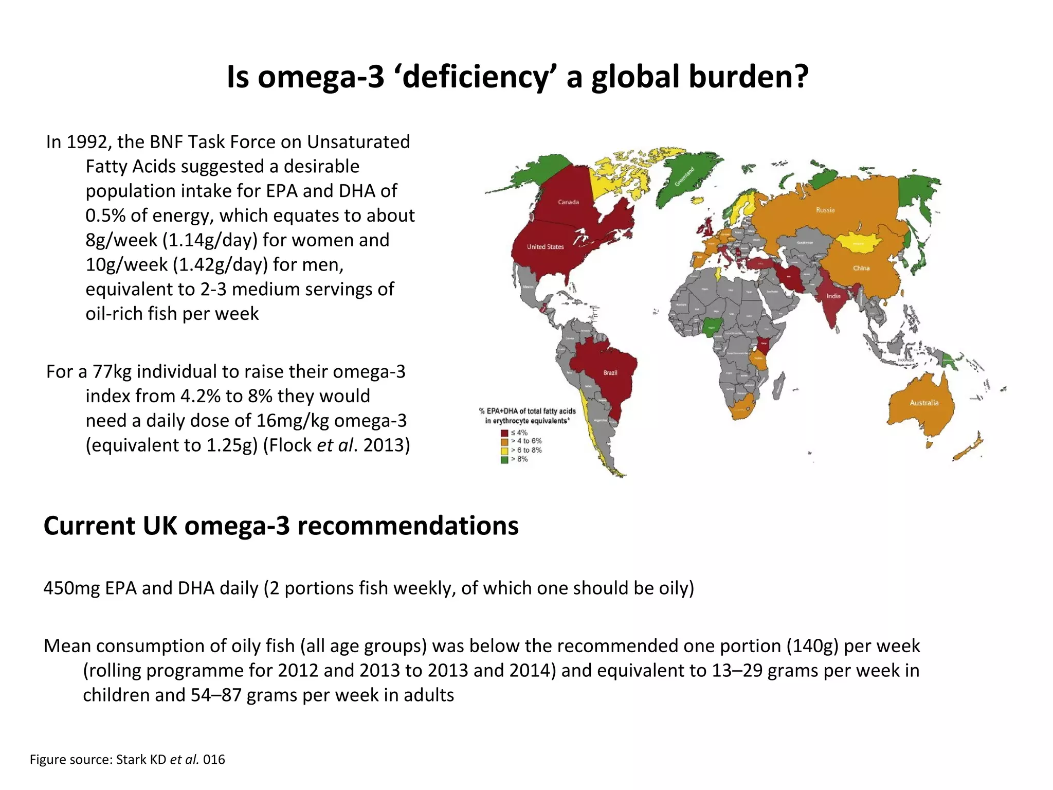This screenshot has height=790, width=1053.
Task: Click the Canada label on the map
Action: (x=568, y=202)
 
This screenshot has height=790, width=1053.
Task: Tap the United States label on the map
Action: (x=545, y=247)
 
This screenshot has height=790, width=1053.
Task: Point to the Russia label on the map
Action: (x=825, y=210)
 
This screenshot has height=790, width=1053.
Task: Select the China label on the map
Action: (x=861, y=268)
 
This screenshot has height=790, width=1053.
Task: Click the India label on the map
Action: (x=833, y=296)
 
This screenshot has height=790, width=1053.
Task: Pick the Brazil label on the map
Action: (x=610, y=372)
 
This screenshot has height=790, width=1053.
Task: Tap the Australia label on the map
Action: (x=924, y=403)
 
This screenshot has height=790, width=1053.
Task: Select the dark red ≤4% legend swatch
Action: (x=504, y=433)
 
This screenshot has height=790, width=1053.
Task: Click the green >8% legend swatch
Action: (x=504, y=459)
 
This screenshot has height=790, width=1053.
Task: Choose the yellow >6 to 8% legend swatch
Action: (x=504, y=451)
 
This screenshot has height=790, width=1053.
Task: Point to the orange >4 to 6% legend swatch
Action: (x=504, y=442)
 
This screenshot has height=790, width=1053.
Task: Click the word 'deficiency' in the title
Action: (x=476, y=77)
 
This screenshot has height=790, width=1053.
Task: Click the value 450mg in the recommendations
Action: (x=71, y=588)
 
